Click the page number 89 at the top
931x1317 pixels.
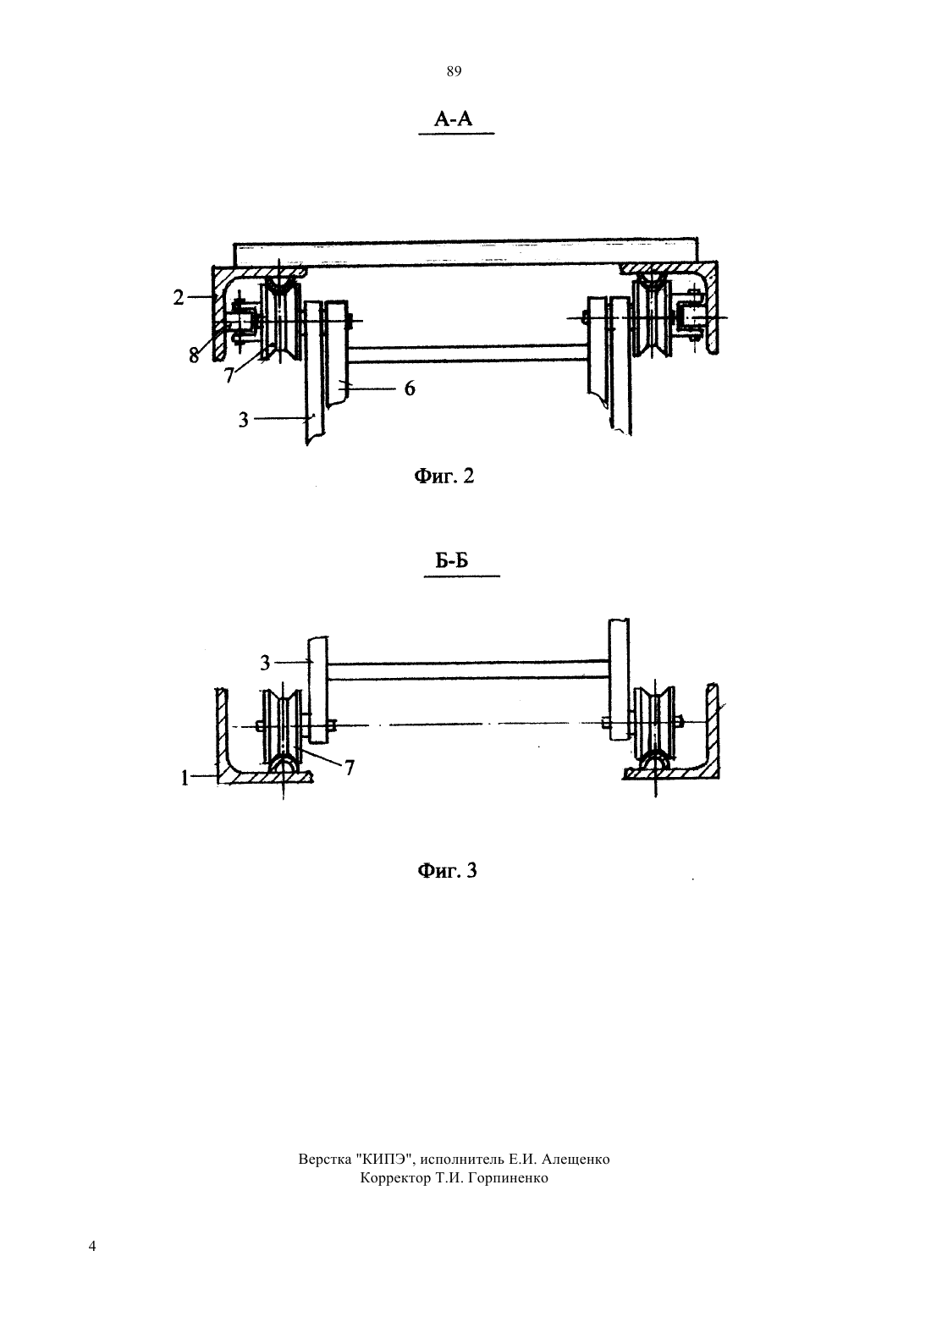(x=454, y=72)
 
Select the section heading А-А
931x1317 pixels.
(x=453, y=119)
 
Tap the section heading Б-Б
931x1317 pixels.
(x=451, y=561)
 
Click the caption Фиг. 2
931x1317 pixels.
(x=443, y=476)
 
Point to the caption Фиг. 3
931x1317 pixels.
(x=447, y=870)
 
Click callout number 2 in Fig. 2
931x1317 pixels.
(x=179, y=297)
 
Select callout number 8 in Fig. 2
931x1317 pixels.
(x=194, y=355)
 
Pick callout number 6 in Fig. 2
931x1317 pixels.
(x=410, y=388)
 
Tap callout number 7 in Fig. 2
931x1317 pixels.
(x=229, y=374)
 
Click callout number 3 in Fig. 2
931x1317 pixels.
(x=244, y=420)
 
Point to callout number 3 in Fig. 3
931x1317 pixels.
(x=265, y=664)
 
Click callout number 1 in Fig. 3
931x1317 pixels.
(x=185, y=779)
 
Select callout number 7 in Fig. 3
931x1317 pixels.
(x=350, y=768)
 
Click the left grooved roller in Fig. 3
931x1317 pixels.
(x=282, y=728)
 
